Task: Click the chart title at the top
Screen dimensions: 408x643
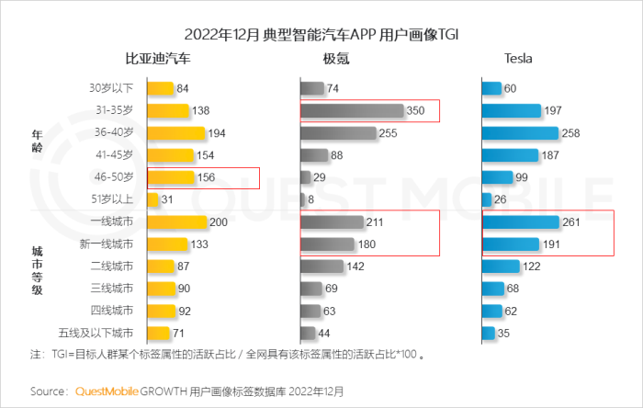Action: [321, 35]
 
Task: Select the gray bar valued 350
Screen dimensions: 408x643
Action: [352, 111]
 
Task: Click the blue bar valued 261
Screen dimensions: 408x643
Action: [520, 222]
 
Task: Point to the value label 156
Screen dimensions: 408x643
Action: [209, 178]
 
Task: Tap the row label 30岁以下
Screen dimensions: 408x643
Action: [111, 89]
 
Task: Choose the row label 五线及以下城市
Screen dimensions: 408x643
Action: [102, 333]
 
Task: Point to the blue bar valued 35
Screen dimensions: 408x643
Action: [488, 333]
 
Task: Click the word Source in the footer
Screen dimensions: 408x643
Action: [47, 391]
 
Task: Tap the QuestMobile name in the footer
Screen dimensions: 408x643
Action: [104, 391]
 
